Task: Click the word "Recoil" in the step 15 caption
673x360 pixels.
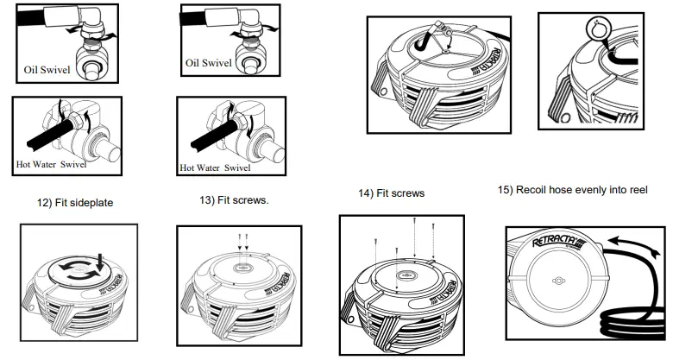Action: point(539,190)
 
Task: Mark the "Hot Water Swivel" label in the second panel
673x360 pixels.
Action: point(215,168)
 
